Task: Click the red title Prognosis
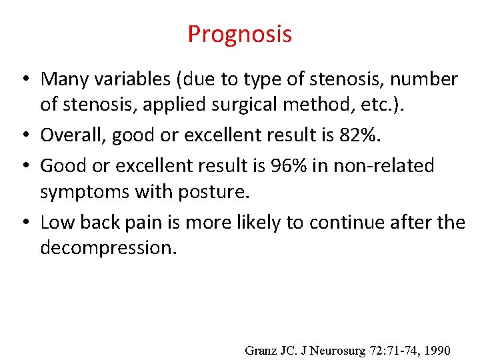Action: click(239, 34)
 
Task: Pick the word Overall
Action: click(69, 136)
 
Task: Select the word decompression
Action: click(107, 248)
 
